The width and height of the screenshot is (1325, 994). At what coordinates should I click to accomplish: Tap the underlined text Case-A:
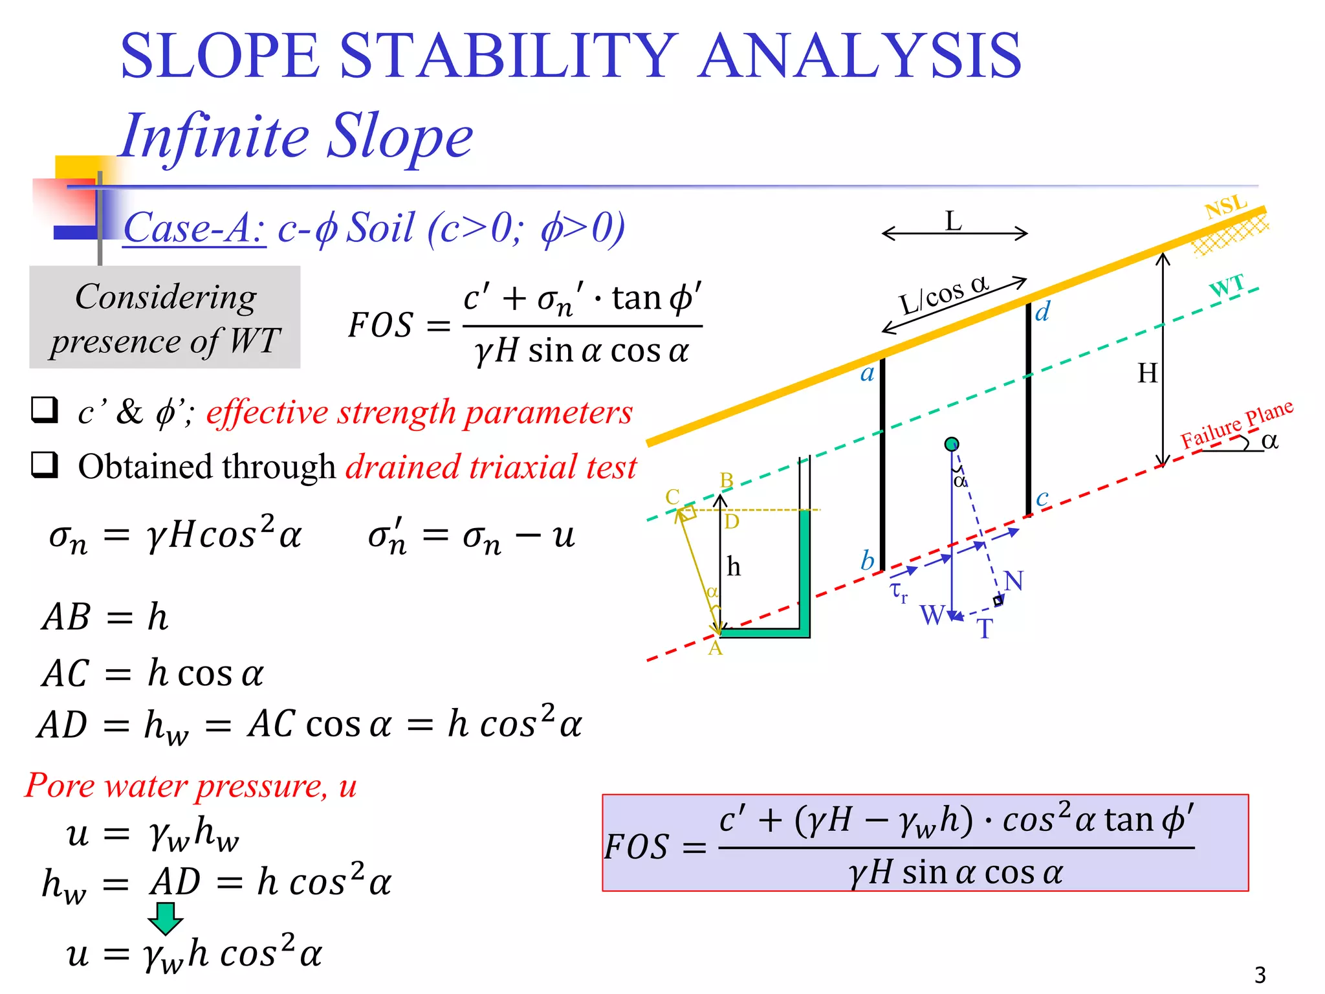click(194, 228)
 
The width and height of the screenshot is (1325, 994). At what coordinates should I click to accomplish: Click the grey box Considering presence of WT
click(165, 318)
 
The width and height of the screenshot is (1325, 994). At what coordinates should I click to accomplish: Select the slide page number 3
click(1260, 975)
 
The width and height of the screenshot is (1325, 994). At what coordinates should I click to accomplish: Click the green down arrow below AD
click(166, 918)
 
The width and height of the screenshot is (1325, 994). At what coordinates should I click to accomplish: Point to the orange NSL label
click(1225, 207)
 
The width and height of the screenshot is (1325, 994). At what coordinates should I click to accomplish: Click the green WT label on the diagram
click(1227, 285)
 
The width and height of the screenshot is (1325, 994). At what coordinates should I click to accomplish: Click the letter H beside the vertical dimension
click(1147, 373)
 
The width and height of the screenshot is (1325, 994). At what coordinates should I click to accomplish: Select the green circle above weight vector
click(951, 444)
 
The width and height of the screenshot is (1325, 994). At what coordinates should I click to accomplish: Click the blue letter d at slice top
click(1042, 312)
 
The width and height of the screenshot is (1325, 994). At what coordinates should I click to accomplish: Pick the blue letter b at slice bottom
click(868, 560)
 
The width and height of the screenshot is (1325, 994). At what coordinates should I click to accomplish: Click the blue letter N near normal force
click(1014, 580)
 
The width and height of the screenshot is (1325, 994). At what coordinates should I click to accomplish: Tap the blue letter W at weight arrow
click(932, 615)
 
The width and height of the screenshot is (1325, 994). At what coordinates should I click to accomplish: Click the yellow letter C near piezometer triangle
click(672, 497)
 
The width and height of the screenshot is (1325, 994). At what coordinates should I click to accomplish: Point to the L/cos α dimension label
click(944, 294)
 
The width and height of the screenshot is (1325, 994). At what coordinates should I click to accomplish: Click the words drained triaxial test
click(491, 467)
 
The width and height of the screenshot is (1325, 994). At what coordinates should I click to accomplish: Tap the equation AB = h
click(105, 617)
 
